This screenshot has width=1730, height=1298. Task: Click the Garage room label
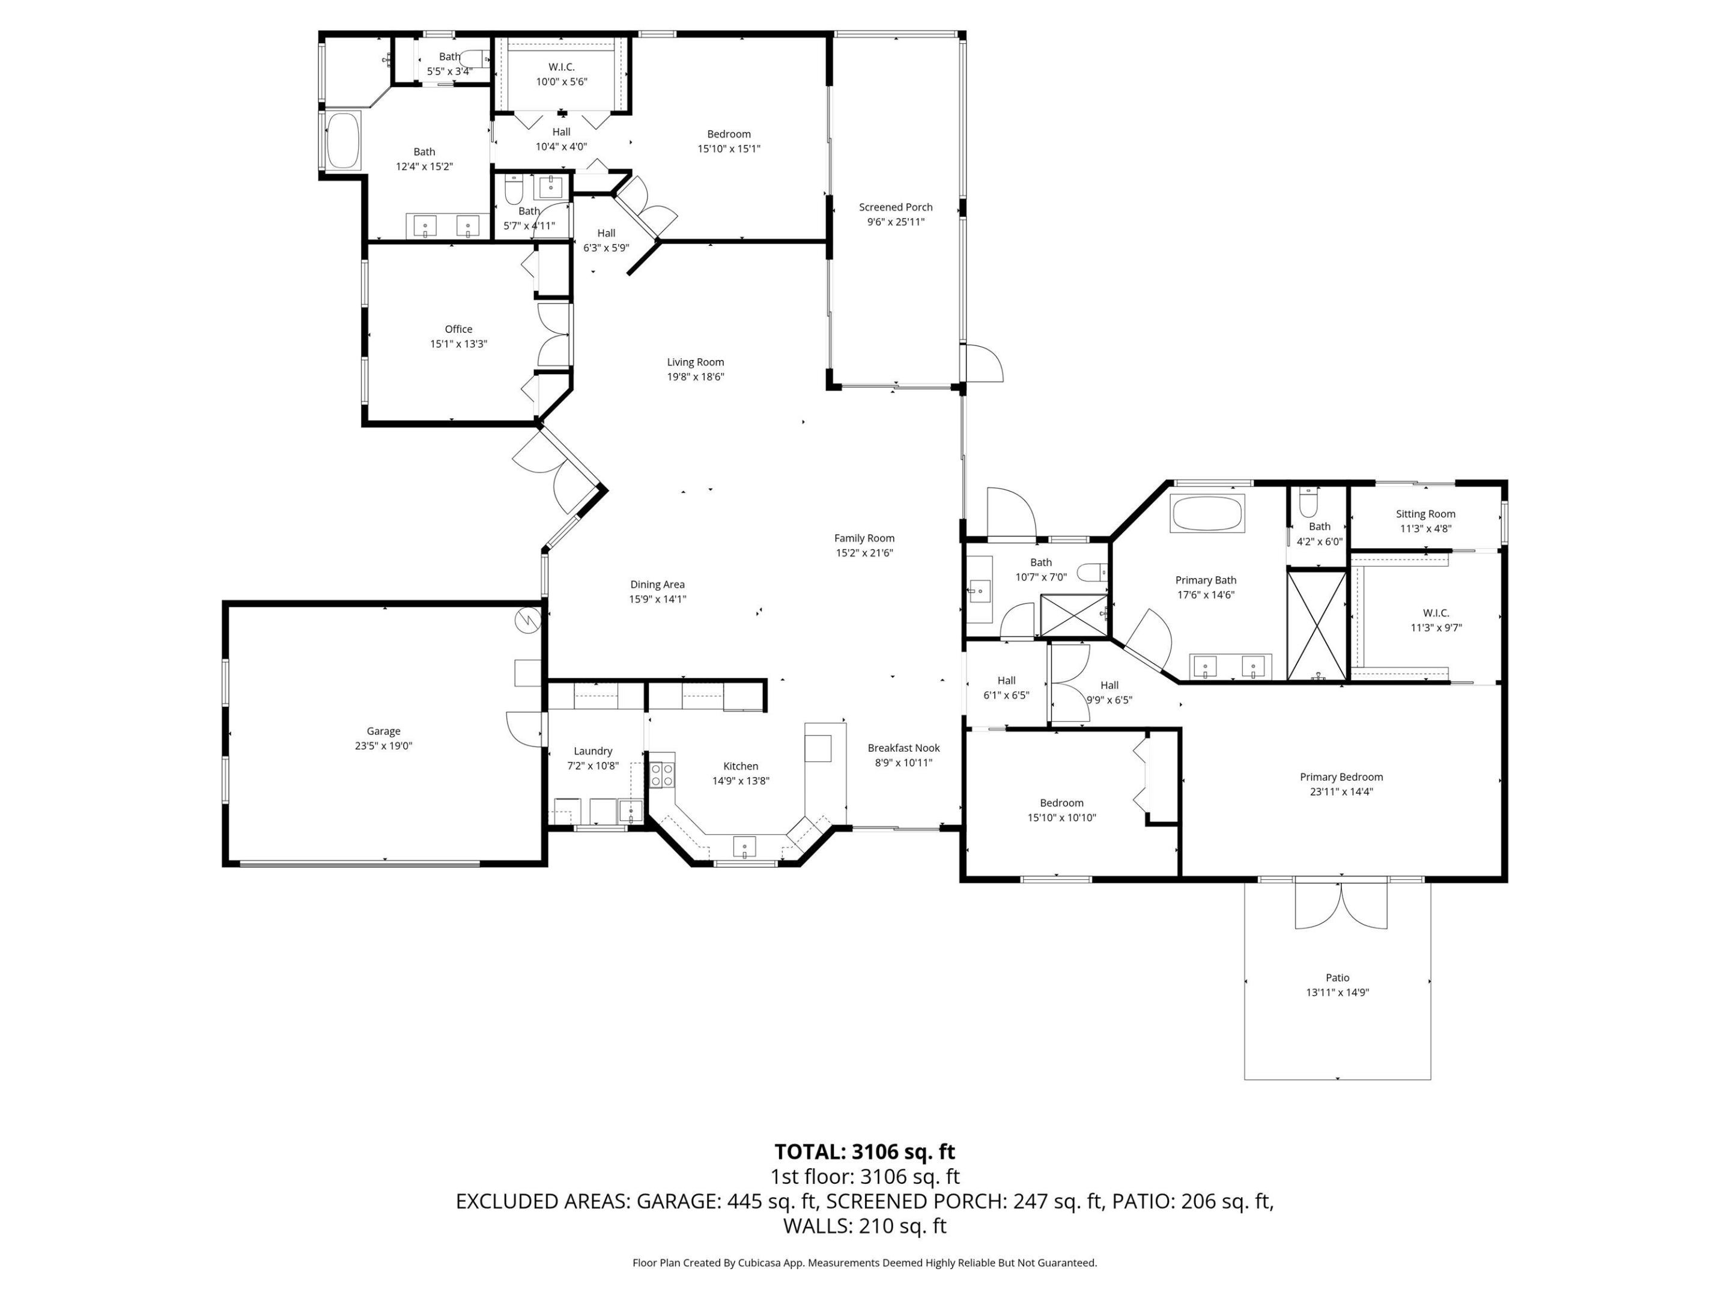click(383, 731)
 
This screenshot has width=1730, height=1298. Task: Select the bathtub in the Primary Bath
click(1207, 513)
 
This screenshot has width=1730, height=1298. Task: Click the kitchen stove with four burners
click(663, 775)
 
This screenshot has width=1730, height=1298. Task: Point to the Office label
click(458, 329)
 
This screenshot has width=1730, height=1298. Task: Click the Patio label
click(1337, 977)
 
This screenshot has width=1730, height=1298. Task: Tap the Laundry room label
click(593, 751)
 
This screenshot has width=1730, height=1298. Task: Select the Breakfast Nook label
click(903, 748)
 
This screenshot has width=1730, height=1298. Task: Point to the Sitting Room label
click(1425, 514)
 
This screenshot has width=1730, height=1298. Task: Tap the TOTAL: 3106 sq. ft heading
click(864, 1152)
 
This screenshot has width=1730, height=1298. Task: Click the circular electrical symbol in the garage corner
click(528, 619)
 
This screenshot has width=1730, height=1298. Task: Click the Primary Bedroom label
click(1341, 777)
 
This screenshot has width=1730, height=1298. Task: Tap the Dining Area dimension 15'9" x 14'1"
click(657, 599)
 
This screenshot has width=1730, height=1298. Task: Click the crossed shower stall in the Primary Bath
click(1317, 625)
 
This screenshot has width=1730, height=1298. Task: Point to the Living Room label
click(695, 362)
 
